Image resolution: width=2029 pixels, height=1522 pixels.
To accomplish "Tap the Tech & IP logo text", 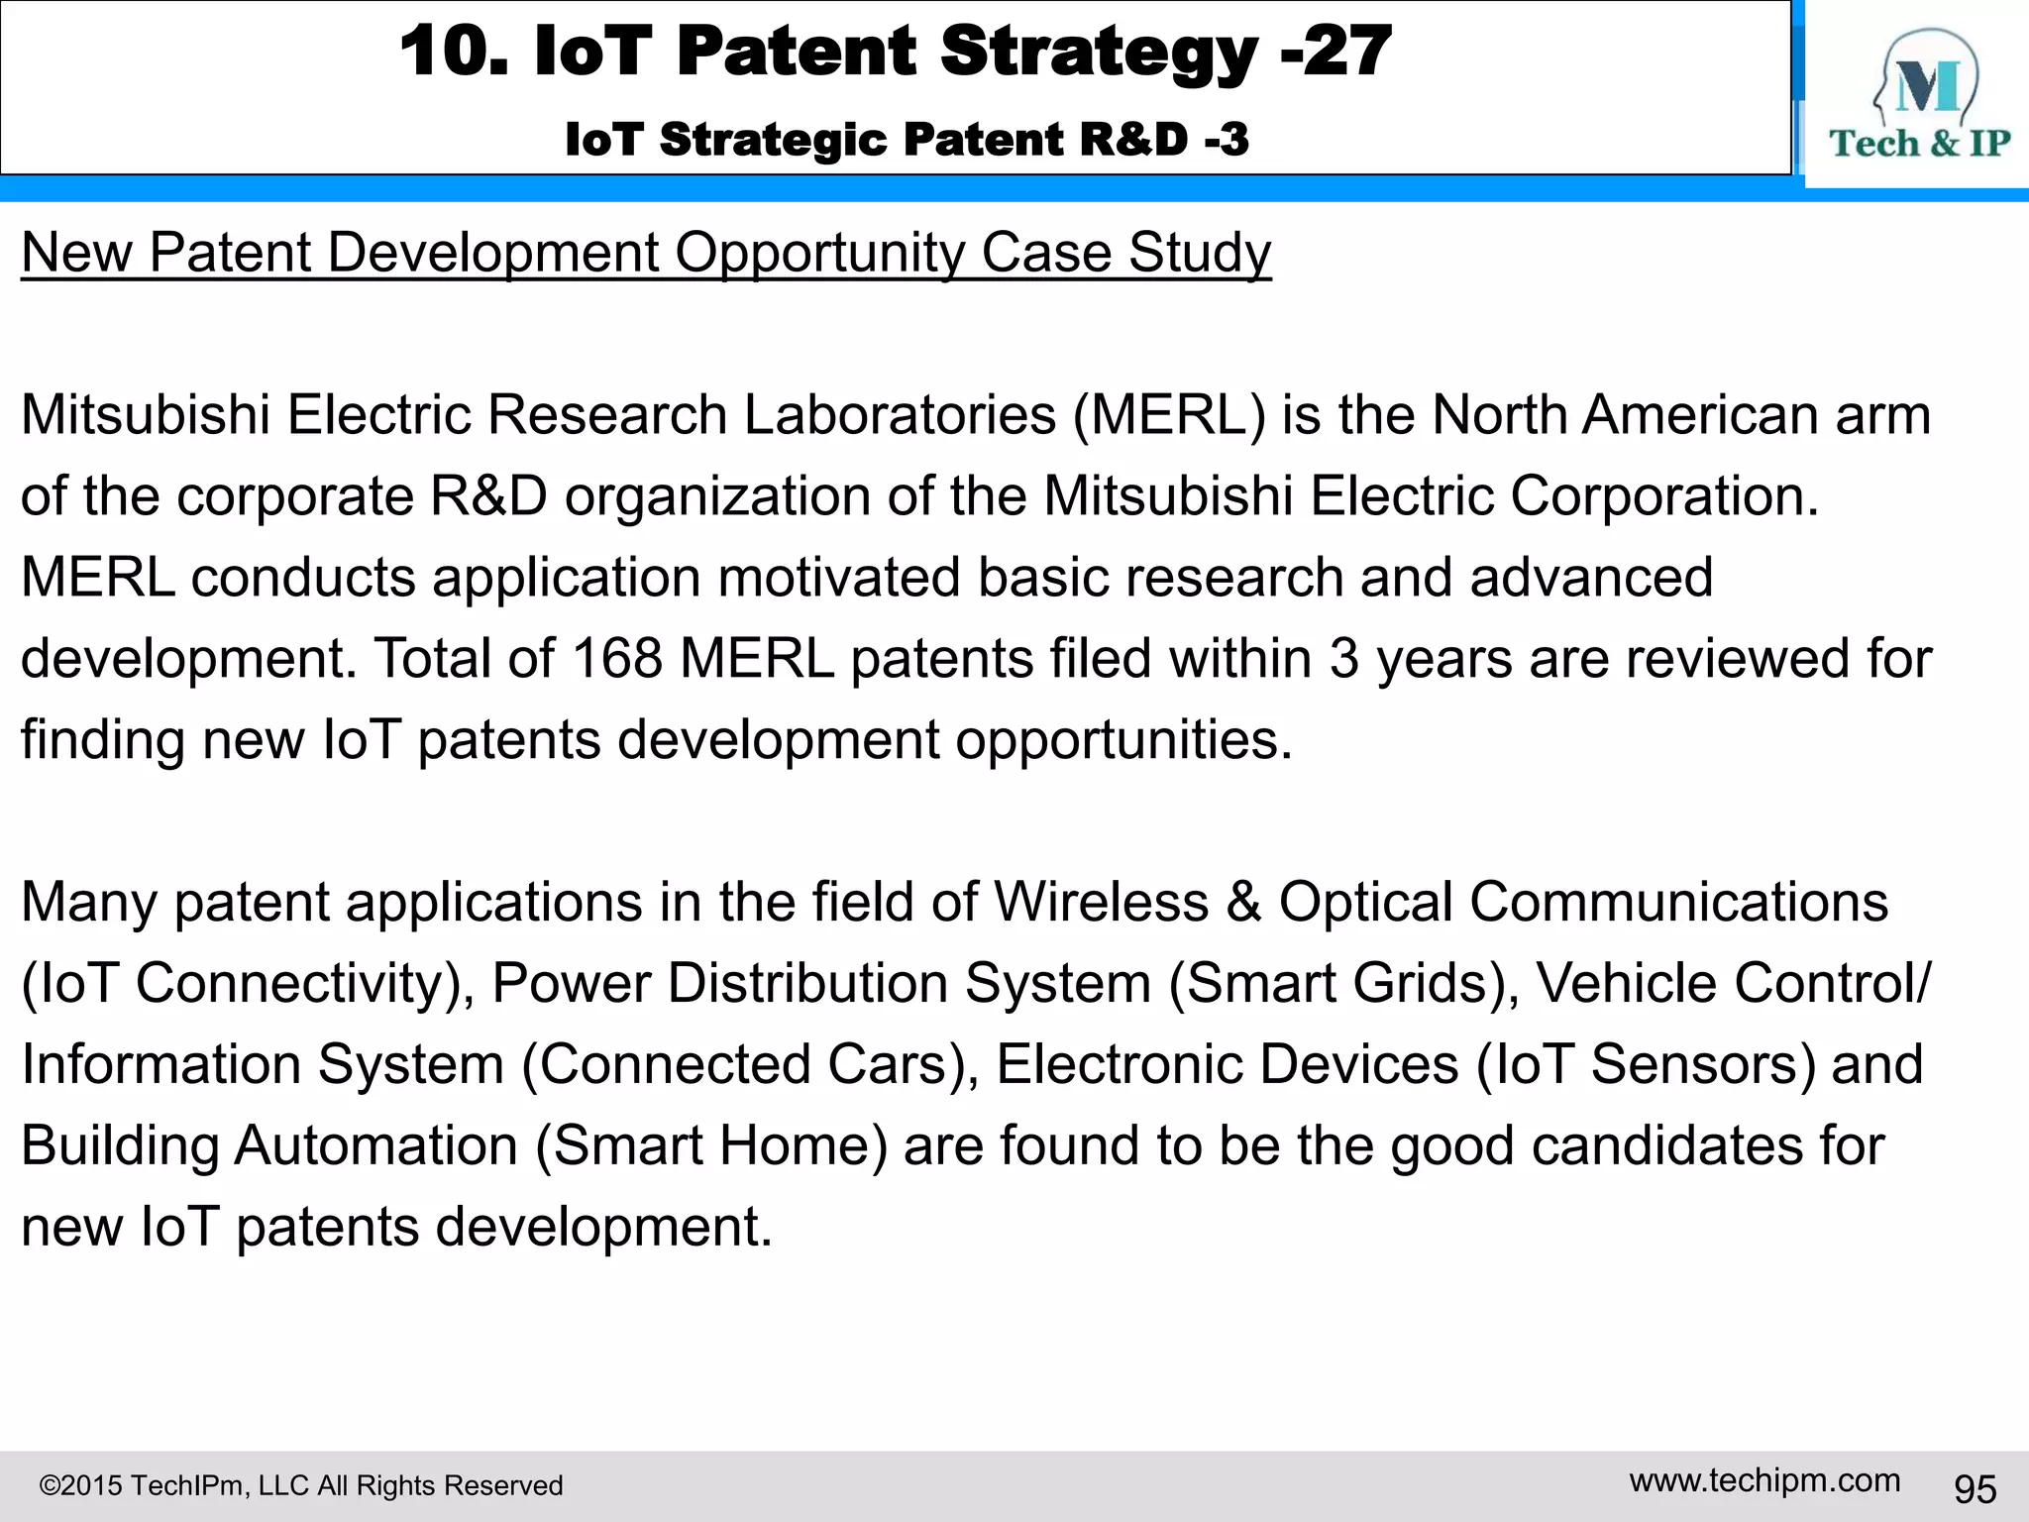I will tap(1919, 144).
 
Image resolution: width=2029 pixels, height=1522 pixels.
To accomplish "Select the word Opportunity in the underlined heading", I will tap(818, 253).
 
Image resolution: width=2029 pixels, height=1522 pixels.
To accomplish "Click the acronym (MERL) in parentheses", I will tap(1169, 414).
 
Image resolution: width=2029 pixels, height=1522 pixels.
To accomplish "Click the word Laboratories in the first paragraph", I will tap(900, 414).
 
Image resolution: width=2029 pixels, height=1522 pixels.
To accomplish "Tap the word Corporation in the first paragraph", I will tap(1664, 495).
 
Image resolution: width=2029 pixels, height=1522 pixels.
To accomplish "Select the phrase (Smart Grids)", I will tap(1343, 983).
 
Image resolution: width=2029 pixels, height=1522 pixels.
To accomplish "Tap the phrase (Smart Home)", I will tap(711, 1145).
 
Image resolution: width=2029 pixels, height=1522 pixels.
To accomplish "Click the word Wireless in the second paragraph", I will tap(1101, 902).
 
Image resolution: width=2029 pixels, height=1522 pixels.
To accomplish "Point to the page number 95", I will tap(1975, 1488).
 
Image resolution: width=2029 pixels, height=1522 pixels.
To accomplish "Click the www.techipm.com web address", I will tap(1764, 1480).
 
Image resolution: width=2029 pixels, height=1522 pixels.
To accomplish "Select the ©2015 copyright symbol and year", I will tap(80, 1485).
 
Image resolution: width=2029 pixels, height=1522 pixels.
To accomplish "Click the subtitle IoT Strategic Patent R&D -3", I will tap(907, 140).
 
